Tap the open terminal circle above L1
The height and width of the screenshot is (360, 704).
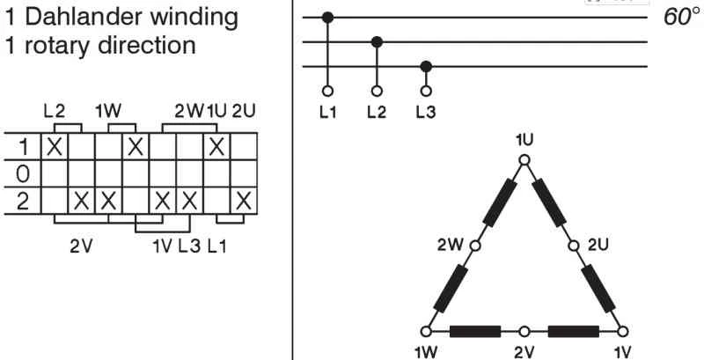click(328, 90)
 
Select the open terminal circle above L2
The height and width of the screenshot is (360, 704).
click(378, 90)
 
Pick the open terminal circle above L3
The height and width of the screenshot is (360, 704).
click(427, 90)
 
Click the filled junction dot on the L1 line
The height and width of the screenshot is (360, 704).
click(328, 17)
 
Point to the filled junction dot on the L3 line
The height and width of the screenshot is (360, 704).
click(427, 66)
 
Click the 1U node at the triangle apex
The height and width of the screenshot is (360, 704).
click(524, 160)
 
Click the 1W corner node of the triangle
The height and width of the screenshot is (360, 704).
click(427, 332)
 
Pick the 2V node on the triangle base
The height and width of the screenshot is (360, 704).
click(524, 332)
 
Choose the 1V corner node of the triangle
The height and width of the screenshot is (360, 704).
click(623, 332)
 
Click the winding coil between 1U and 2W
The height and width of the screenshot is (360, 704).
click(499, 203)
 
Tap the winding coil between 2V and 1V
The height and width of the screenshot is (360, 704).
click(574, 332)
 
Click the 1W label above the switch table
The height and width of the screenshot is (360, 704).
click(108, 112)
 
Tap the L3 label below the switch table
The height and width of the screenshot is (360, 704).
click(189, 244)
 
